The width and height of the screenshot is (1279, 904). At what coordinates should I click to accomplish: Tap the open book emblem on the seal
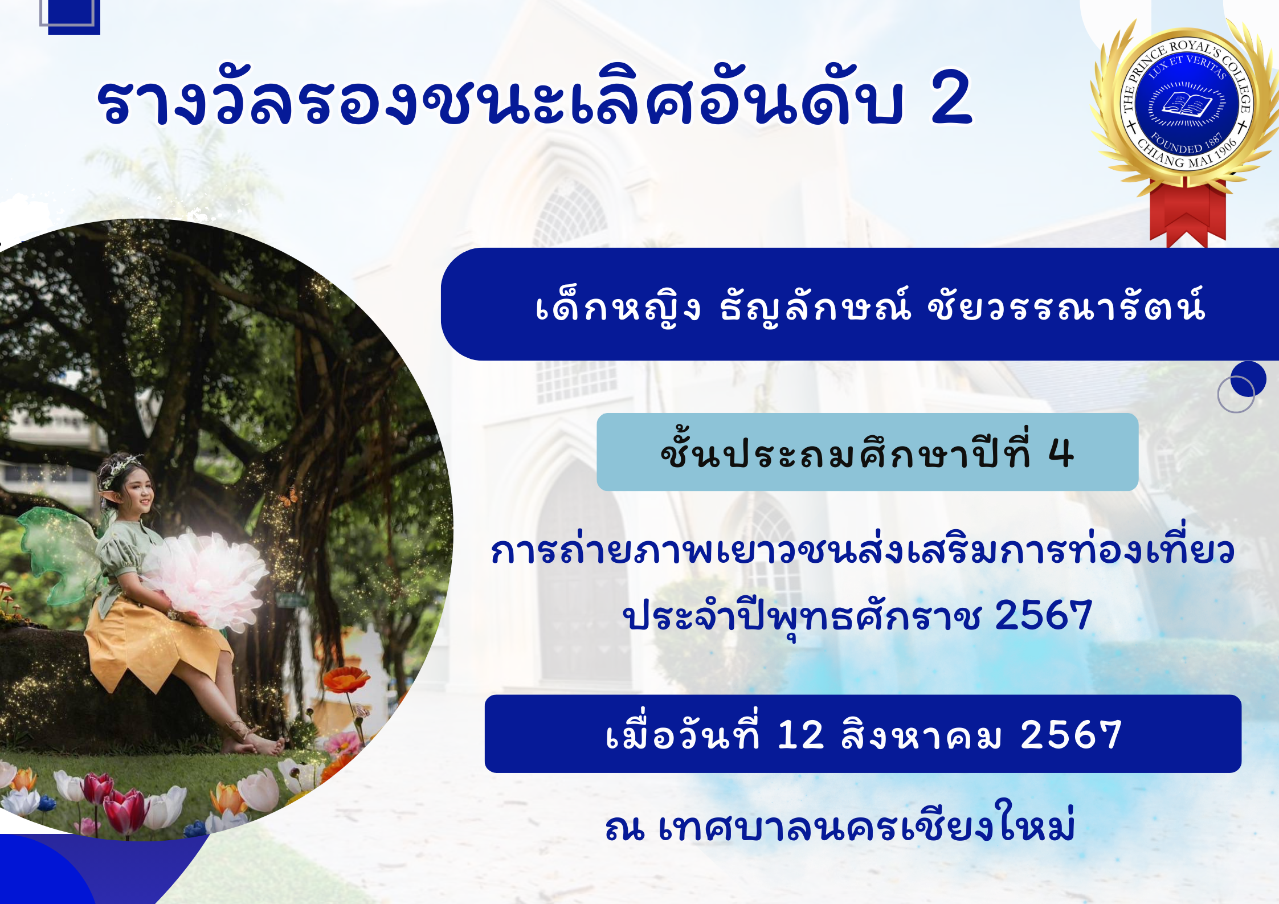pyautogui.click(x=1187, y=104)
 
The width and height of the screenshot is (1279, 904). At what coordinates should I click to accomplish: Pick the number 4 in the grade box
pyautogui.click(x=1061, y=454)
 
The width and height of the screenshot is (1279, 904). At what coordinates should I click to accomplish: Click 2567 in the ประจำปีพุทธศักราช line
pyautogui.click(x=1043, y=615)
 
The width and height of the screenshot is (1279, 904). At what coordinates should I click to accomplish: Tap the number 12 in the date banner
pyautogui.click(x=801, y=734)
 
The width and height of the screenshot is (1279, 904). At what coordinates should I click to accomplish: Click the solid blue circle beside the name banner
pyautogui.click(x=1248, y=379)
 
